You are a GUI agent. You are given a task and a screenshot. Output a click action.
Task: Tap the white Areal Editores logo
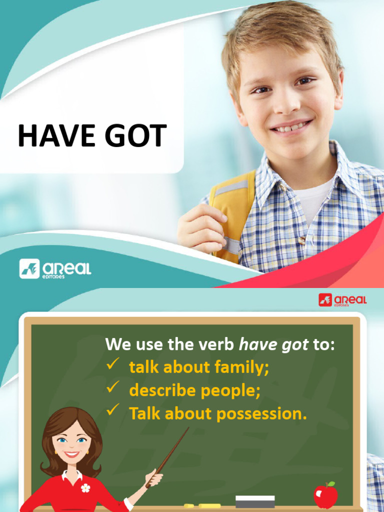pos(55,269)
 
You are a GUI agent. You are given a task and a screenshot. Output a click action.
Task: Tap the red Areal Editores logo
pos(342,300)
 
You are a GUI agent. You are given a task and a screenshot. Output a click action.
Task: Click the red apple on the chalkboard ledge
pos(325,495)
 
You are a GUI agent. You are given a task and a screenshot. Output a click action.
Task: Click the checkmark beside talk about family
pos(112,365)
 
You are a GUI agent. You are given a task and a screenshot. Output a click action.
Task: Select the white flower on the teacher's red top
pos(85,488)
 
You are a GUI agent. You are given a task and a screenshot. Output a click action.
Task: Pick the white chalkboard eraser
pos(255,501)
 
